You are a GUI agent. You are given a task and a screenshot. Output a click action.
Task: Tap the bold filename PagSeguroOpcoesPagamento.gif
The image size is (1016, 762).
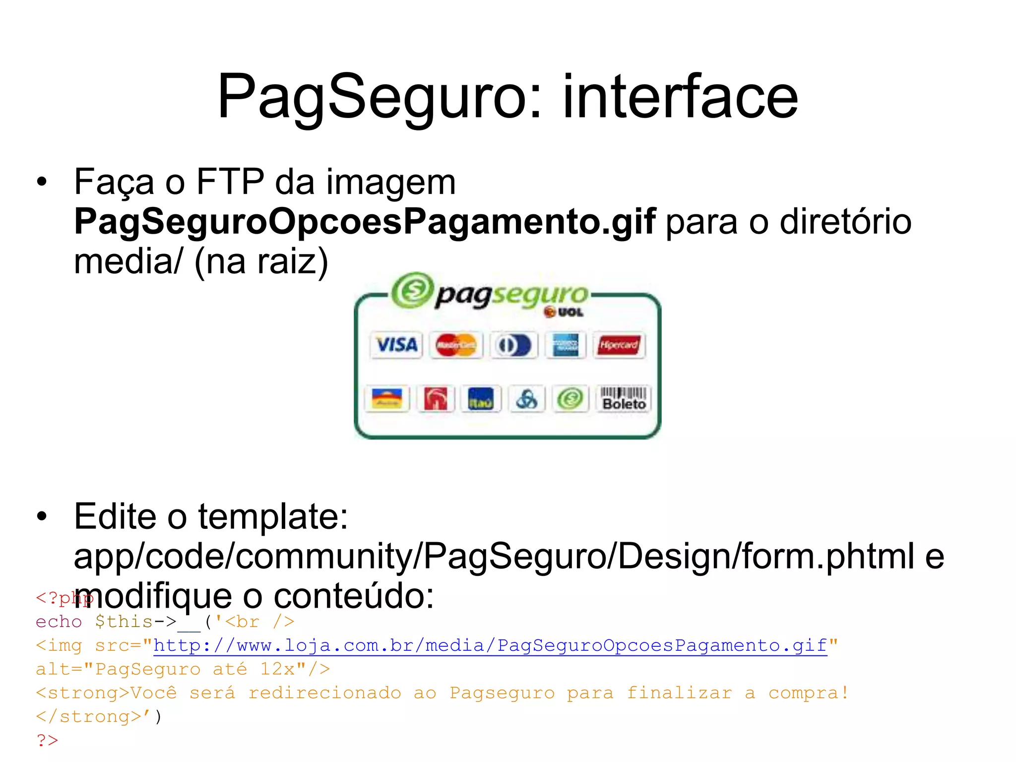pyautogui.click(x=365, y=221)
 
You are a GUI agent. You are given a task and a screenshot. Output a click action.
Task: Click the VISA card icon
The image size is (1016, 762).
pyautogui.click(x=396, y=345)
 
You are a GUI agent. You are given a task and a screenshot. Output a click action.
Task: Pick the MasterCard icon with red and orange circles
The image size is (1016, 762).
pyautogui.click(x=455, y=345)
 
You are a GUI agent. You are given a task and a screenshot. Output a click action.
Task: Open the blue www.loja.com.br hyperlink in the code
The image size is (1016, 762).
pyautogui.click(x=490, y=645)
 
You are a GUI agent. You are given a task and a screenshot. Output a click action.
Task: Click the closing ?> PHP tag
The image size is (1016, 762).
pyautogui.click(x=47, y=740)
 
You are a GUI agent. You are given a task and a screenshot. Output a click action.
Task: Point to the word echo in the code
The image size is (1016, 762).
pyautogui.click(x=59, y=622)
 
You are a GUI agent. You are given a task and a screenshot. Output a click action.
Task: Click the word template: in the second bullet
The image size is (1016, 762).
pyautogui.click(x=273, y=516)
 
